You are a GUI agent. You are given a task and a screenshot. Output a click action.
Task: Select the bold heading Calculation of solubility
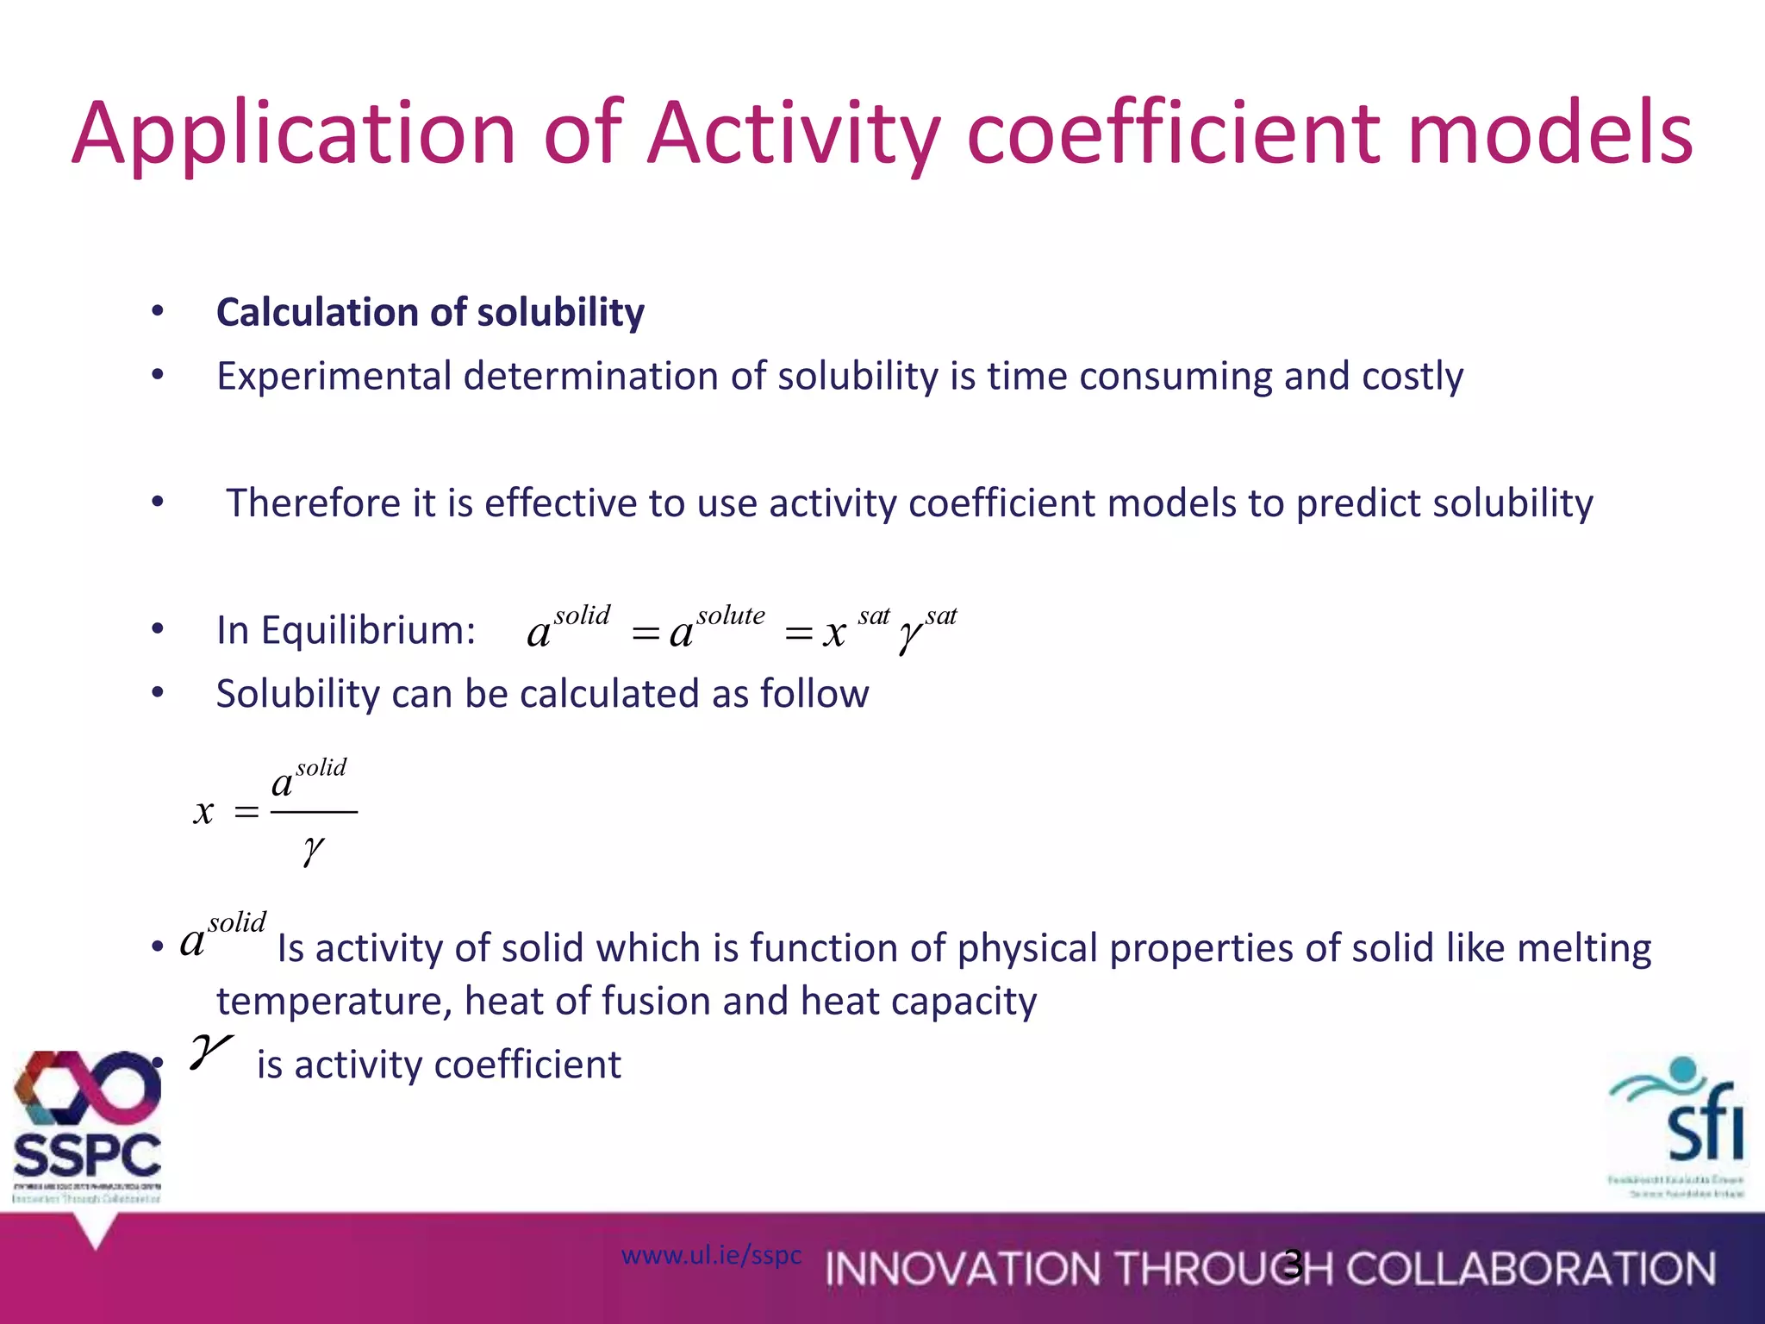(x=430, y=312)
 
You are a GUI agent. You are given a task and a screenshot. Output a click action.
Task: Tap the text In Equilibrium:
(x=346, y=630)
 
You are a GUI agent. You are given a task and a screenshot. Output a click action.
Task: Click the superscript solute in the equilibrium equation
(x=731, y=615)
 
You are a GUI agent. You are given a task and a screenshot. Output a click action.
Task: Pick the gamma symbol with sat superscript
(x=909, y=636)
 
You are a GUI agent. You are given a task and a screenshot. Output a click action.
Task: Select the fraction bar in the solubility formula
(x=314, y=812)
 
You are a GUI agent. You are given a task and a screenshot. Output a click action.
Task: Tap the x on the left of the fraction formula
(x=203, y=811)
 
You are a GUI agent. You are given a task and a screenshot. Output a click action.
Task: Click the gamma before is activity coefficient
(x=209, y=1052)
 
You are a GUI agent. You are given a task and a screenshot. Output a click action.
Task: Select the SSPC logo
(x=87, y=1125)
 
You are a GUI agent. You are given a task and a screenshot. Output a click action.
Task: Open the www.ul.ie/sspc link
(x=711, y=1255)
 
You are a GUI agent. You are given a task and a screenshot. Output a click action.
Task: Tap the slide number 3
(x=1293, y=1264)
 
